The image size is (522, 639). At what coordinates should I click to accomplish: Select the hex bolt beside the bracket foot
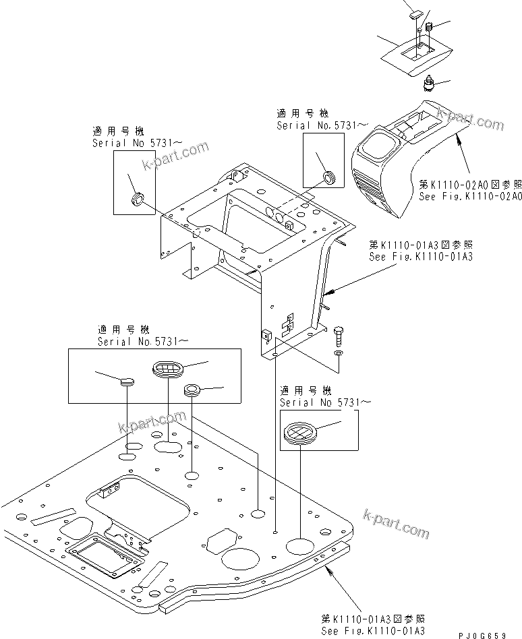(x=339, y=334)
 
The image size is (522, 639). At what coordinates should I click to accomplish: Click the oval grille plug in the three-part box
(x=166, y=368)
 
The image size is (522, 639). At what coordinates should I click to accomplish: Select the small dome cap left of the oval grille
(x=127, y=382)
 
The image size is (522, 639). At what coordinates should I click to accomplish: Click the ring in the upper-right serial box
(x=328, y=178)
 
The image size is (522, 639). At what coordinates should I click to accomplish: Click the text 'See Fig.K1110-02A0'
(x=470, y=195)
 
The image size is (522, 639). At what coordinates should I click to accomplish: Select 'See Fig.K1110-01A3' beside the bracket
(x=420, y=257)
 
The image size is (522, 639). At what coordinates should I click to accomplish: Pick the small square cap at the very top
(x=413, y=11)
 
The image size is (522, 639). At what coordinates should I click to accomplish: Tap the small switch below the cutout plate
(x=427, y=84)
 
